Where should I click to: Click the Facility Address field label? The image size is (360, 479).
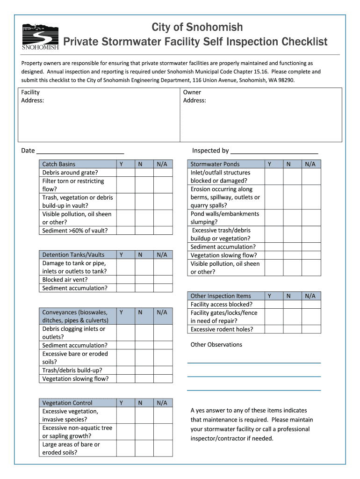[32, 96]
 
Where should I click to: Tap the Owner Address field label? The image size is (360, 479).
[194, 96]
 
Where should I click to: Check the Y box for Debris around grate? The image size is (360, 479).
[126, 173]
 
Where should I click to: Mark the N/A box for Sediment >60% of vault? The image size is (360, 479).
[163, 231]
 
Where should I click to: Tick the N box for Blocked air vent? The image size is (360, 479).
[144, 280]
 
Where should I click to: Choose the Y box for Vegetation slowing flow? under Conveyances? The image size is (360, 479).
[126, 379]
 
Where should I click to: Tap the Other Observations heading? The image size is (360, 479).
[216, 345]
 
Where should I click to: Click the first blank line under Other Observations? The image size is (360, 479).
[254, 363]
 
